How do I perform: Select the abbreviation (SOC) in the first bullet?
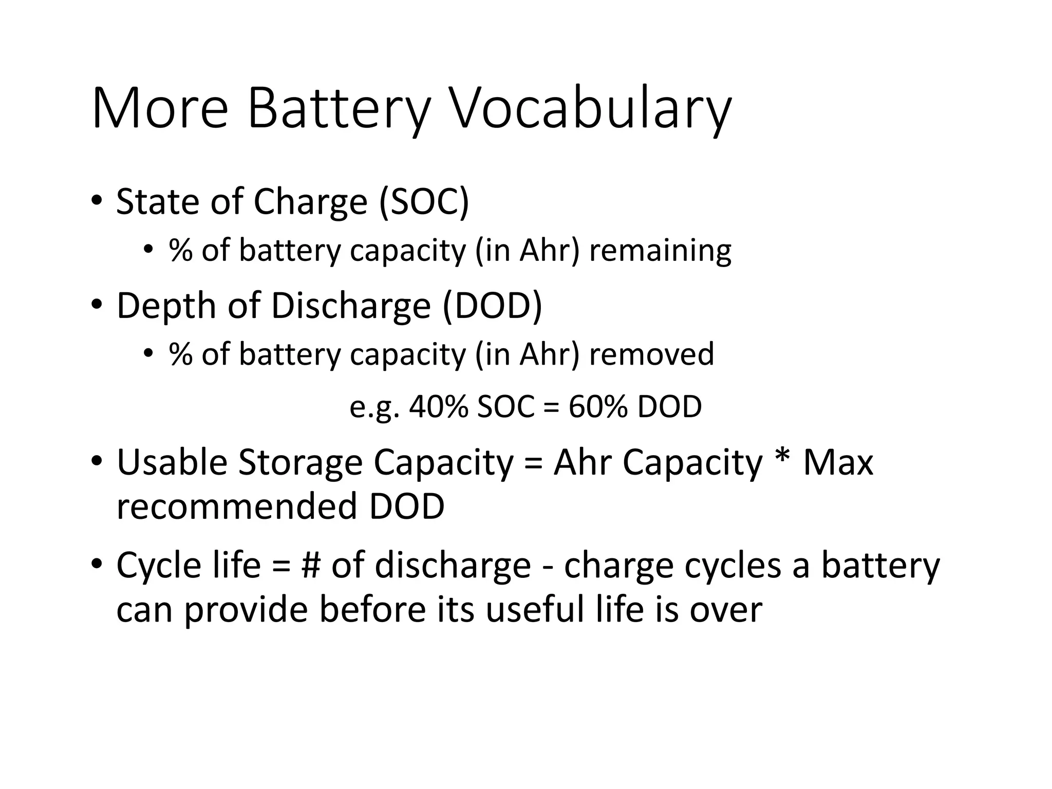424,201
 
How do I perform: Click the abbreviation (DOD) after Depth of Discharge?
492,306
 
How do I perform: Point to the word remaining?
660,251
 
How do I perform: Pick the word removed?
651,354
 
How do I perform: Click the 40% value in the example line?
439,407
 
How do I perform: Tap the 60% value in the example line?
598,407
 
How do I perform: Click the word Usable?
172,462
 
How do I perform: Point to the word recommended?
237,506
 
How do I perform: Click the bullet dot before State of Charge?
96,201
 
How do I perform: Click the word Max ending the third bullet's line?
838,462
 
